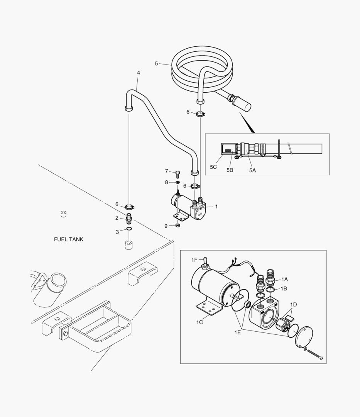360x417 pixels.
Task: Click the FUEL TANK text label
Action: click(69, 239)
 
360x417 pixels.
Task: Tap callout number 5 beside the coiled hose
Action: click(156, 64)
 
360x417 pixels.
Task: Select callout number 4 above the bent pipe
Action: click(139, 73)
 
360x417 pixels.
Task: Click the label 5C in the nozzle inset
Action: click(213, 167)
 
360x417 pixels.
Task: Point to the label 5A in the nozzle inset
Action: click(252, 170)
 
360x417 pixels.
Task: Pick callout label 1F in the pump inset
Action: click(194, 260)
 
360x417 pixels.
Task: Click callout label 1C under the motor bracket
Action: click(199, 322)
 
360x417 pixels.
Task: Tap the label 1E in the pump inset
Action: click(237, 332)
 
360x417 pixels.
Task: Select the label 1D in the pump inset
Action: click(293, 305)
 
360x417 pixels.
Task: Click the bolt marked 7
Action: click(177, 174)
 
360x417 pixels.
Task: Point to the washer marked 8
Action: click(177, 182)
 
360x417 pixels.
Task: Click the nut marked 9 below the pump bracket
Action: click(178, 226)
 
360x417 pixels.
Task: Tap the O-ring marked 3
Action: click(129, 229)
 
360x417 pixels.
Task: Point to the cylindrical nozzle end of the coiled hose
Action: click(241, 104)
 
